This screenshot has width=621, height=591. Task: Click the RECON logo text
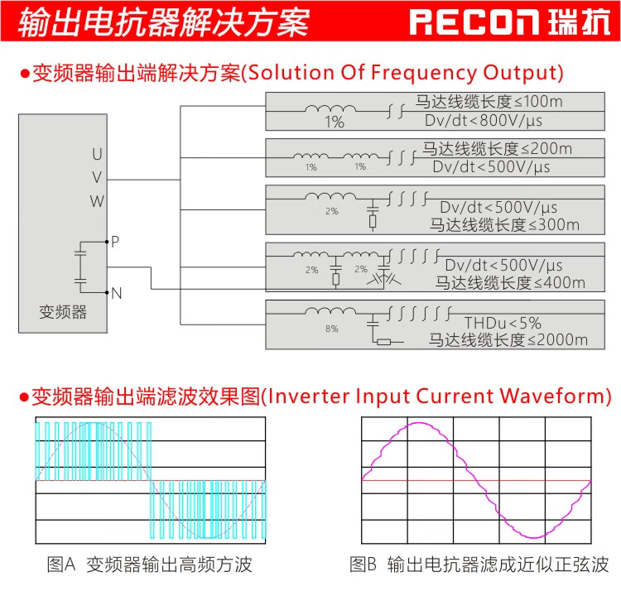(x=474, y=22)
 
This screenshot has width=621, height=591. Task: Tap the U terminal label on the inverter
(x=97, y=154)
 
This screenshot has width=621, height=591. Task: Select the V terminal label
(x=97, y=177)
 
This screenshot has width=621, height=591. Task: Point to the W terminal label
(x=97, y=201)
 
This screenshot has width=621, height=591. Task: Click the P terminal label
(x=115, y=241)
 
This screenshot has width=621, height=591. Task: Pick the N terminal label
(x=117, y=293)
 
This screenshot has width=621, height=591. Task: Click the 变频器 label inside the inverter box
(x=63, y=312)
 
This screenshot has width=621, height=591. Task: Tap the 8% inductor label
(x=332, y=329)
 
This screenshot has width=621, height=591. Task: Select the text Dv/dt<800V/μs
(x=484, y=120)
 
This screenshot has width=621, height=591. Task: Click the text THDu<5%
(x=503, y=323)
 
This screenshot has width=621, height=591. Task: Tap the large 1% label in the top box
(x=335, y=122)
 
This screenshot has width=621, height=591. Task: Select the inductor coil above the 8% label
(x=330, y=310)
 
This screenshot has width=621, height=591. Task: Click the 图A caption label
(x=61, y=564)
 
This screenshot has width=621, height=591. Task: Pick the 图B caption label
(x=363, y=564)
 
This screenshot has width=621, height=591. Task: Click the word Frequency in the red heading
(x=424, y=73)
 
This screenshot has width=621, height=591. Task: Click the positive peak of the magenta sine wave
(x=418, y=423)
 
